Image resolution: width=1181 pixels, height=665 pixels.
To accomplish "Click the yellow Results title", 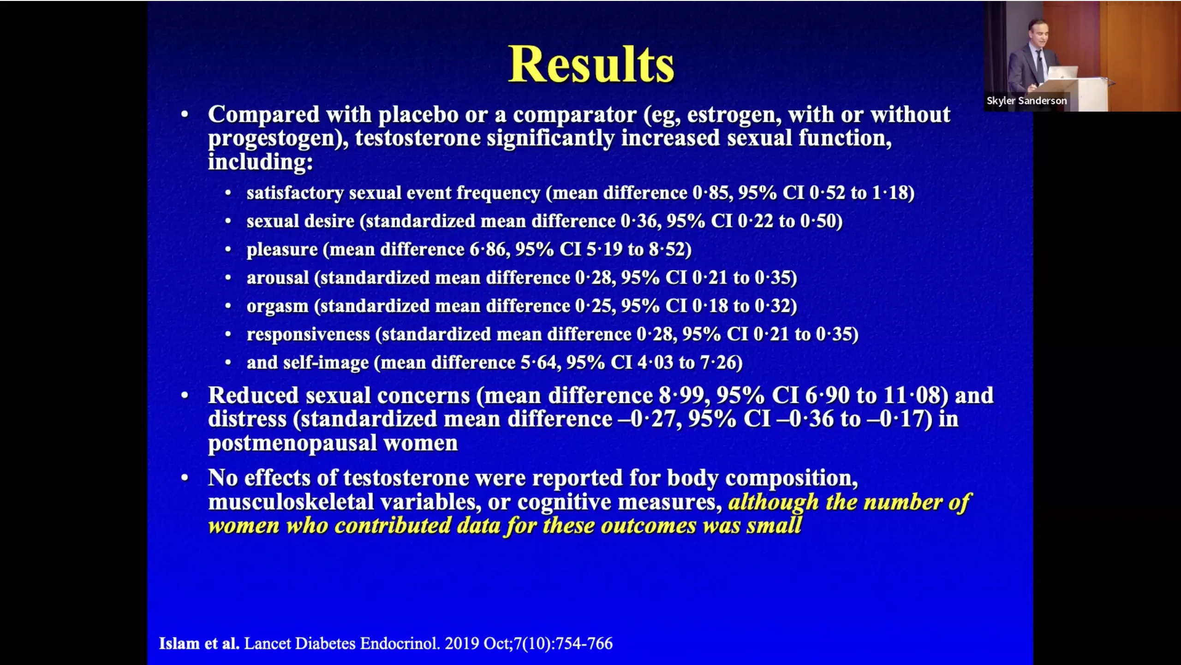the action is coord(591,64).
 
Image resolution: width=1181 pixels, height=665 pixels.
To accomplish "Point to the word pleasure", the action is coord(282,250).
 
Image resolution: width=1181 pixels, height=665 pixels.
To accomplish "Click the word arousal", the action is coord(278,278).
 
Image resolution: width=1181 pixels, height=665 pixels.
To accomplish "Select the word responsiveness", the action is coord(308,335).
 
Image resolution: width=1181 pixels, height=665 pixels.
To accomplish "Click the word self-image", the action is coord(326,363).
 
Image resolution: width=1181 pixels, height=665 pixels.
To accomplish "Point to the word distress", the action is coord(247,419).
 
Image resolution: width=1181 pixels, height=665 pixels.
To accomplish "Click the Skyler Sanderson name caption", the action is coord(1026,101).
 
